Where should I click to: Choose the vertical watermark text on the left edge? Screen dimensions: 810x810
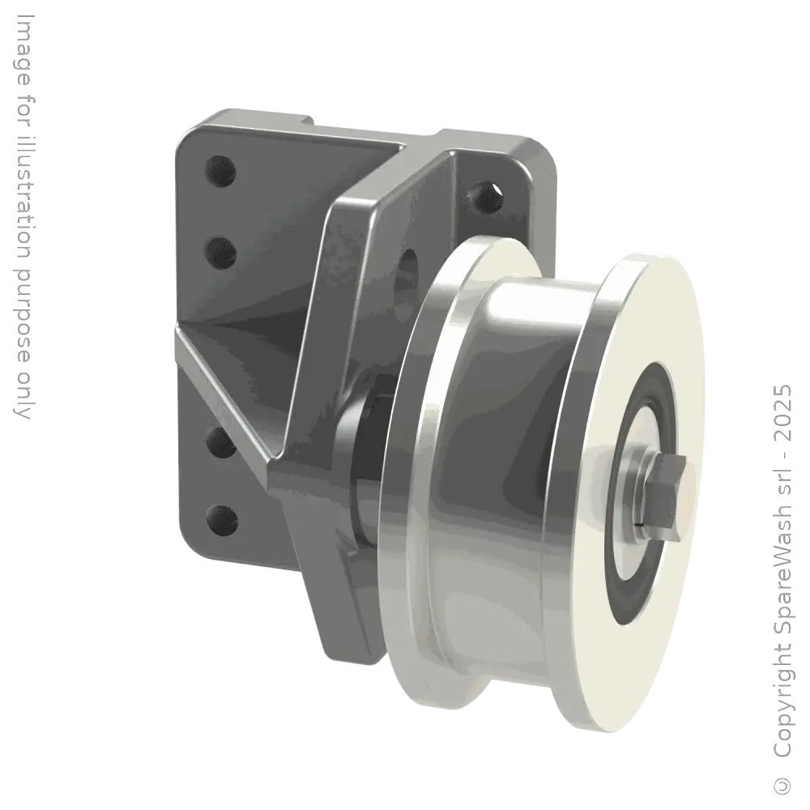pyautogui.click(x=26, y=211)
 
